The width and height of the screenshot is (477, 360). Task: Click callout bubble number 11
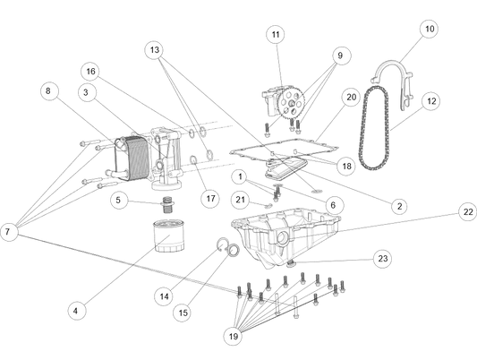(276, 35)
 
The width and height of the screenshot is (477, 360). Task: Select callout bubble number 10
(430, 29)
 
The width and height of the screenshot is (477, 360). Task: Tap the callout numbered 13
(155, 50)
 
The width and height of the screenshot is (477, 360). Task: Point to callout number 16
(89, 71)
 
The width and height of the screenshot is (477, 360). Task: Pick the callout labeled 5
(117, 200)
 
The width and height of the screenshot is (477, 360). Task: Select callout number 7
(7, 231)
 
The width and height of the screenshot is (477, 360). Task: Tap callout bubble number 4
(76, 310)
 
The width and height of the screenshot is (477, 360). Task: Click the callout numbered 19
(233, 336)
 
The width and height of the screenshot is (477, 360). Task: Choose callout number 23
(383, 258)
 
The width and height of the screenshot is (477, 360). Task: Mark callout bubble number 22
(467, 212)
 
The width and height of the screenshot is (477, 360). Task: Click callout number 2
(398, 206)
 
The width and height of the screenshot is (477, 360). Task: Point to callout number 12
(431, 101)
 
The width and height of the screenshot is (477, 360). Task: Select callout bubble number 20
(351, 96)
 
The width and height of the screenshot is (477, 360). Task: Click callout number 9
(340, 56)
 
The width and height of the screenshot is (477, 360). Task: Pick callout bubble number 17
(210, 198)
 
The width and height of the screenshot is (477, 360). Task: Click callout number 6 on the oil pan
(333, 205)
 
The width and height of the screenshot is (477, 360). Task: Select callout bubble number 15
(182, 313)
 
